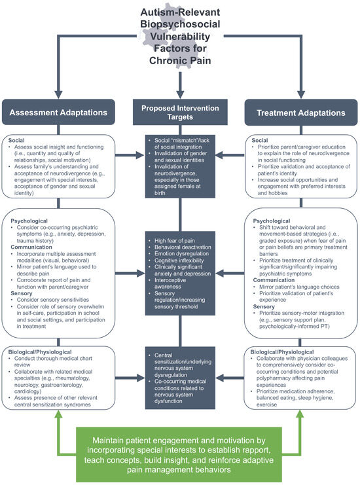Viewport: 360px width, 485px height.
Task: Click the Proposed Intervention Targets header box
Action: coord(180,111)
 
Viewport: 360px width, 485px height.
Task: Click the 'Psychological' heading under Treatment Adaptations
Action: coord(270,220)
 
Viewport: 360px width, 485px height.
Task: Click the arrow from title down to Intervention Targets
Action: coord(180,82)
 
